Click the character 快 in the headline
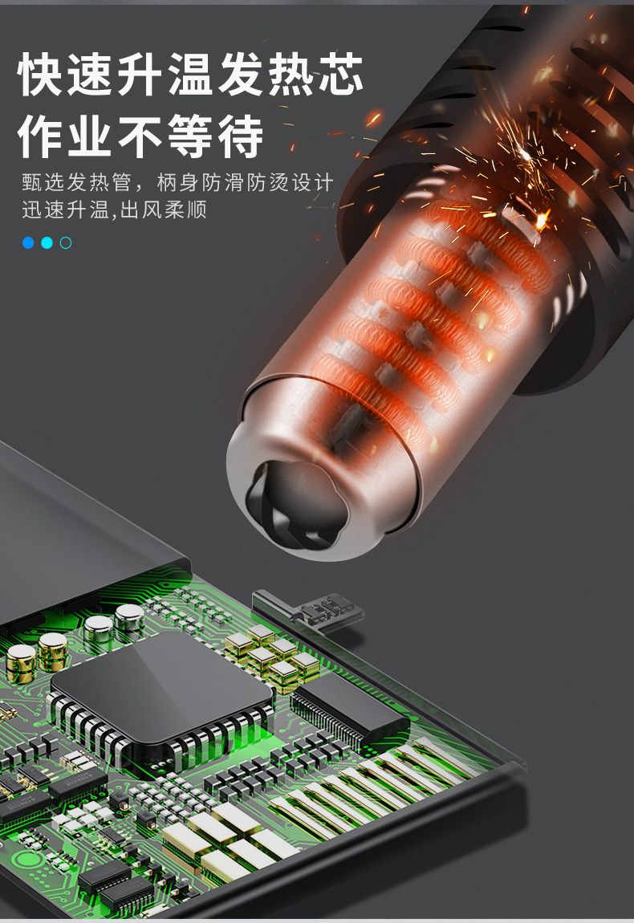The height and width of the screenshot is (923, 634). point(41,74)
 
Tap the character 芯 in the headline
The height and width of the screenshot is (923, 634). point(339,74)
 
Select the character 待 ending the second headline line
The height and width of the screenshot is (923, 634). point(240,136)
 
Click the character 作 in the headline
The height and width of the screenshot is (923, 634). point(41,136)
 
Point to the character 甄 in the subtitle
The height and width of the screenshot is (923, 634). point(33,182)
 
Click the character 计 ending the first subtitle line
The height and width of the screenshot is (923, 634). point(323,182)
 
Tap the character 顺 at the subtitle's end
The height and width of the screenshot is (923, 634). point(197,209)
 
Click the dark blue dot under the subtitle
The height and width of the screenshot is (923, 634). point(27,242)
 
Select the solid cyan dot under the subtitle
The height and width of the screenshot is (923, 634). point(47,242)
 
